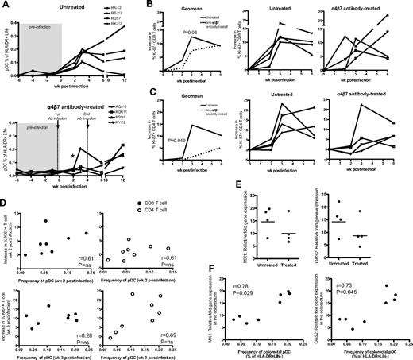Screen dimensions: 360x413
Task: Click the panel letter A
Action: pyautogui.click(x=5, y=6)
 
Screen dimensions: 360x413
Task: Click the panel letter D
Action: pyautogui.click(x=5, y=189)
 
